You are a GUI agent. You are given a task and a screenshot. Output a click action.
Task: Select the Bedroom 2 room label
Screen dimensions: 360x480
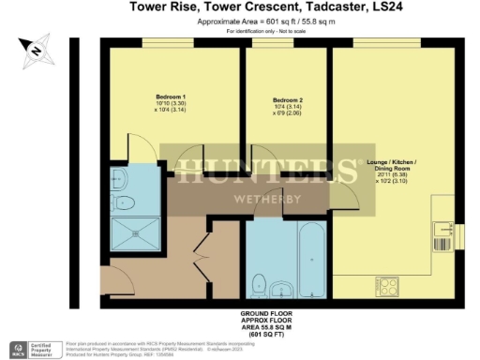286,100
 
